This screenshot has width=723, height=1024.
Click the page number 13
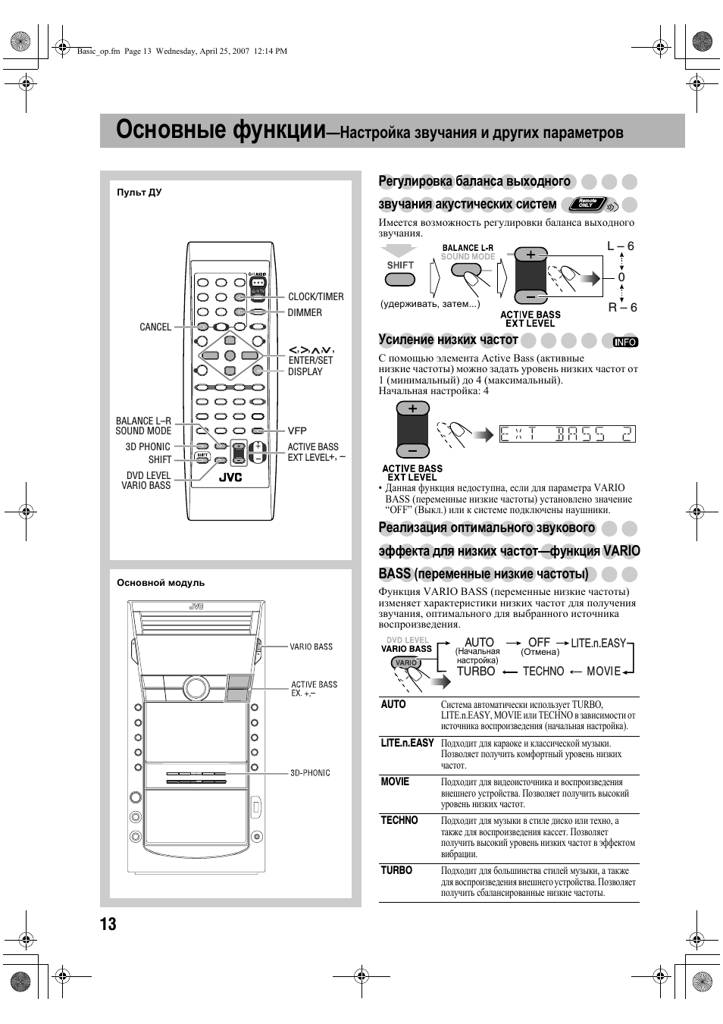coord(108,923)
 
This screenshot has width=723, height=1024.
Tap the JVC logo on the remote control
coord(230,478)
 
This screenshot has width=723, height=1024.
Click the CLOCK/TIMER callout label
coord(315,297)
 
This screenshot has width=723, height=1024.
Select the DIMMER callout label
coord(305,312)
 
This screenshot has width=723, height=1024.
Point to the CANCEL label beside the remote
coord(155,327)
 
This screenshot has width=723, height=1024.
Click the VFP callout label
coord(297,431)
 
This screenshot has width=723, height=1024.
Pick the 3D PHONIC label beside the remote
coord(148,447)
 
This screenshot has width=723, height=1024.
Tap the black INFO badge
coord(626,342)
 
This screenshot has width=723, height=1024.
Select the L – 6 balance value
coord(621,246)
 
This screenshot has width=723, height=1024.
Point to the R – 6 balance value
coord(622,307)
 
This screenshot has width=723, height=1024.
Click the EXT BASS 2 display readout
coord(566,434)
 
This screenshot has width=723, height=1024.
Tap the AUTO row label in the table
coord(393,705)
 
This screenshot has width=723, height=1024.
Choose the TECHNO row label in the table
coord(399,820)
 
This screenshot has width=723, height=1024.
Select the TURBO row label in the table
coord(396,871)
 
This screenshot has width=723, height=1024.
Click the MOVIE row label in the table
coord(395,781)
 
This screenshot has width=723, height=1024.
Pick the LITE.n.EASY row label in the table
coord(407,743)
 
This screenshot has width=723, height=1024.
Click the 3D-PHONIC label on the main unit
coord(310,773)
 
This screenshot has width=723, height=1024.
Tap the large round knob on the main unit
coord(196,688)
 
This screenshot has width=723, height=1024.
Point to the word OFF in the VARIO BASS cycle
coord(539,642)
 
